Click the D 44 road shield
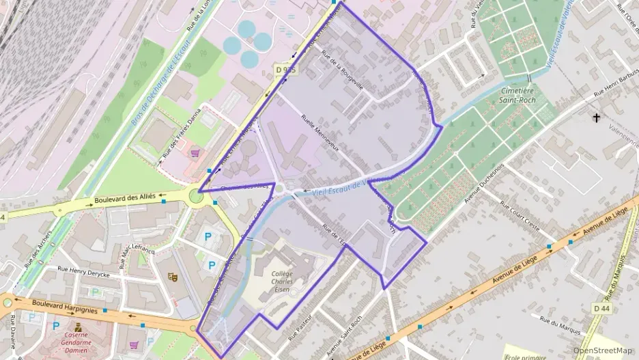coord(601,309)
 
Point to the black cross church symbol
coord(597,118)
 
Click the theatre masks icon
coord(173,277)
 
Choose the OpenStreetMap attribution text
coord(602,350)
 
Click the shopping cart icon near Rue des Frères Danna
coord(195,153)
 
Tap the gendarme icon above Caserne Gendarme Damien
coord(78,327)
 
